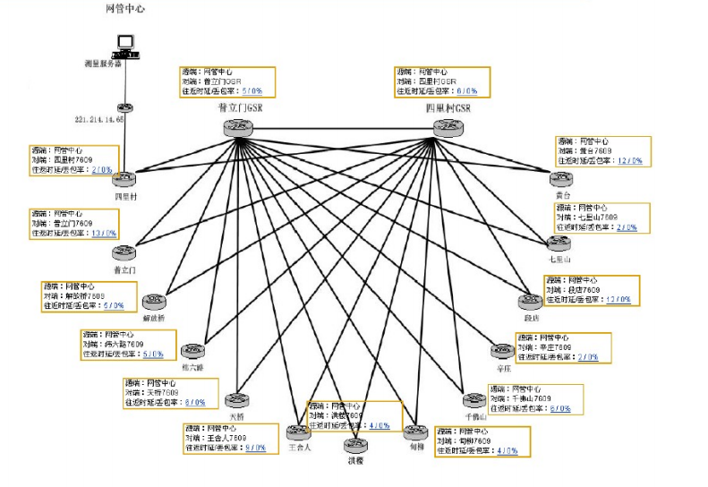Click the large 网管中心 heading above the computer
(124, 9)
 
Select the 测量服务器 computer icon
(124, 45)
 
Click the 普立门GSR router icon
(239, 128)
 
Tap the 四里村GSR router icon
(449, 127)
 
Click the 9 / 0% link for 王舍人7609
(254, 447)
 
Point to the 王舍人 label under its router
(299, 448)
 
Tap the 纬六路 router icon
(192, 351)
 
